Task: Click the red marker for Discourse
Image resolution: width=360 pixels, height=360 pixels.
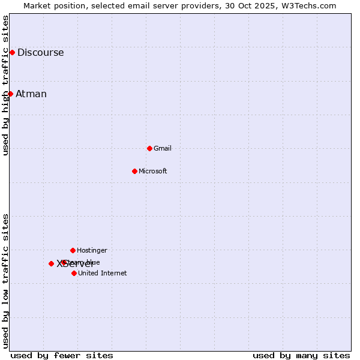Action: coord(12,53)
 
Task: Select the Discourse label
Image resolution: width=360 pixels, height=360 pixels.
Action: coord(40,53)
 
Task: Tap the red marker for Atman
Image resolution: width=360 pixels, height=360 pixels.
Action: coord(10,94)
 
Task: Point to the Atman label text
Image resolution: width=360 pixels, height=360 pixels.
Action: coord(31,94)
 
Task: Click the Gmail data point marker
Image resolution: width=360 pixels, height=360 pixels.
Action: coord(149,148)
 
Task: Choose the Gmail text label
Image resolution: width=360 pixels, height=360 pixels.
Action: coord(163,148)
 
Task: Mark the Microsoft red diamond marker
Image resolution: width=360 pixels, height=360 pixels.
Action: coord(134,171)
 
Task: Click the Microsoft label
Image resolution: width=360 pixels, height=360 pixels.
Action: coord(153,171)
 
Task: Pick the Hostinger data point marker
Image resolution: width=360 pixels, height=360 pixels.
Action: coord(73,250)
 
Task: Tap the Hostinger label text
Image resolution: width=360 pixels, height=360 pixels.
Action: coord(92,250)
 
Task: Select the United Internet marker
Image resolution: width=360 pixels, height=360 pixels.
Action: coord(74,273)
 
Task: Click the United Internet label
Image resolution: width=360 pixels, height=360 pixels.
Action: coord(103,273)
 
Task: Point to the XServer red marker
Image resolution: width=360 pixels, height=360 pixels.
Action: coord(51,263)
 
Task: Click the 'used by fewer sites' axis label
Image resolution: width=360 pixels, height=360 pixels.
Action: coord(62,355)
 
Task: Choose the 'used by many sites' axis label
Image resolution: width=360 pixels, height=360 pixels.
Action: coord(301,355)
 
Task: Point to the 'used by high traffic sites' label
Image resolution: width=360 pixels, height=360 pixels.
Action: coord(5,85)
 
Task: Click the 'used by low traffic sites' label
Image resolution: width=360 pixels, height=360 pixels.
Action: coord(5,281)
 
